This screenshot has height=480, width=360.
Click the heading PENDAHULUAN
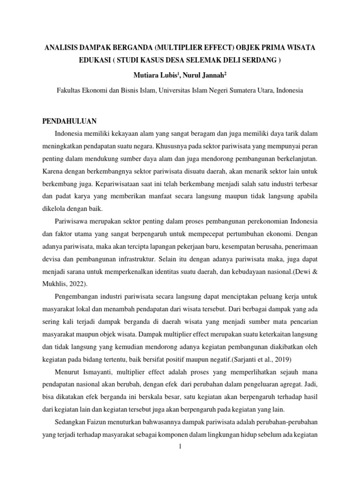pos(69,121)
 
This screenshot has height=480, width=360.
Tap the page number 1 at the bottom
pos(180,447)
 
